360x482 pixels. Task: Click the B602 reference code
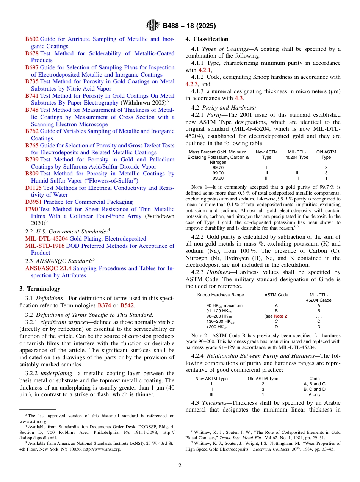click(32, 39)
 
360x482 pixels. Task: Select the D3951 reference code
click(33, 202)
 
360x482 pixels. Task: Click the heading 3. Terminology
click(40, 289)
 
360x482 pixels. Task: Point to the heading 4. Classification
click(207, 39)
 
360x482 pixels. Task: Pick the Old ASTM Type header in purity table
click(326, 155)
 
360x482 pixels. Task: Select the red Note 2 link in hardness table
click(281, 316)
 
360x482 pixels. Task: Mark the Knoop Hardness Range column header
click(221, 295)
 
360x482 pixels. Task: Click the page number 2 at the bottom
click(180, 465)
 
